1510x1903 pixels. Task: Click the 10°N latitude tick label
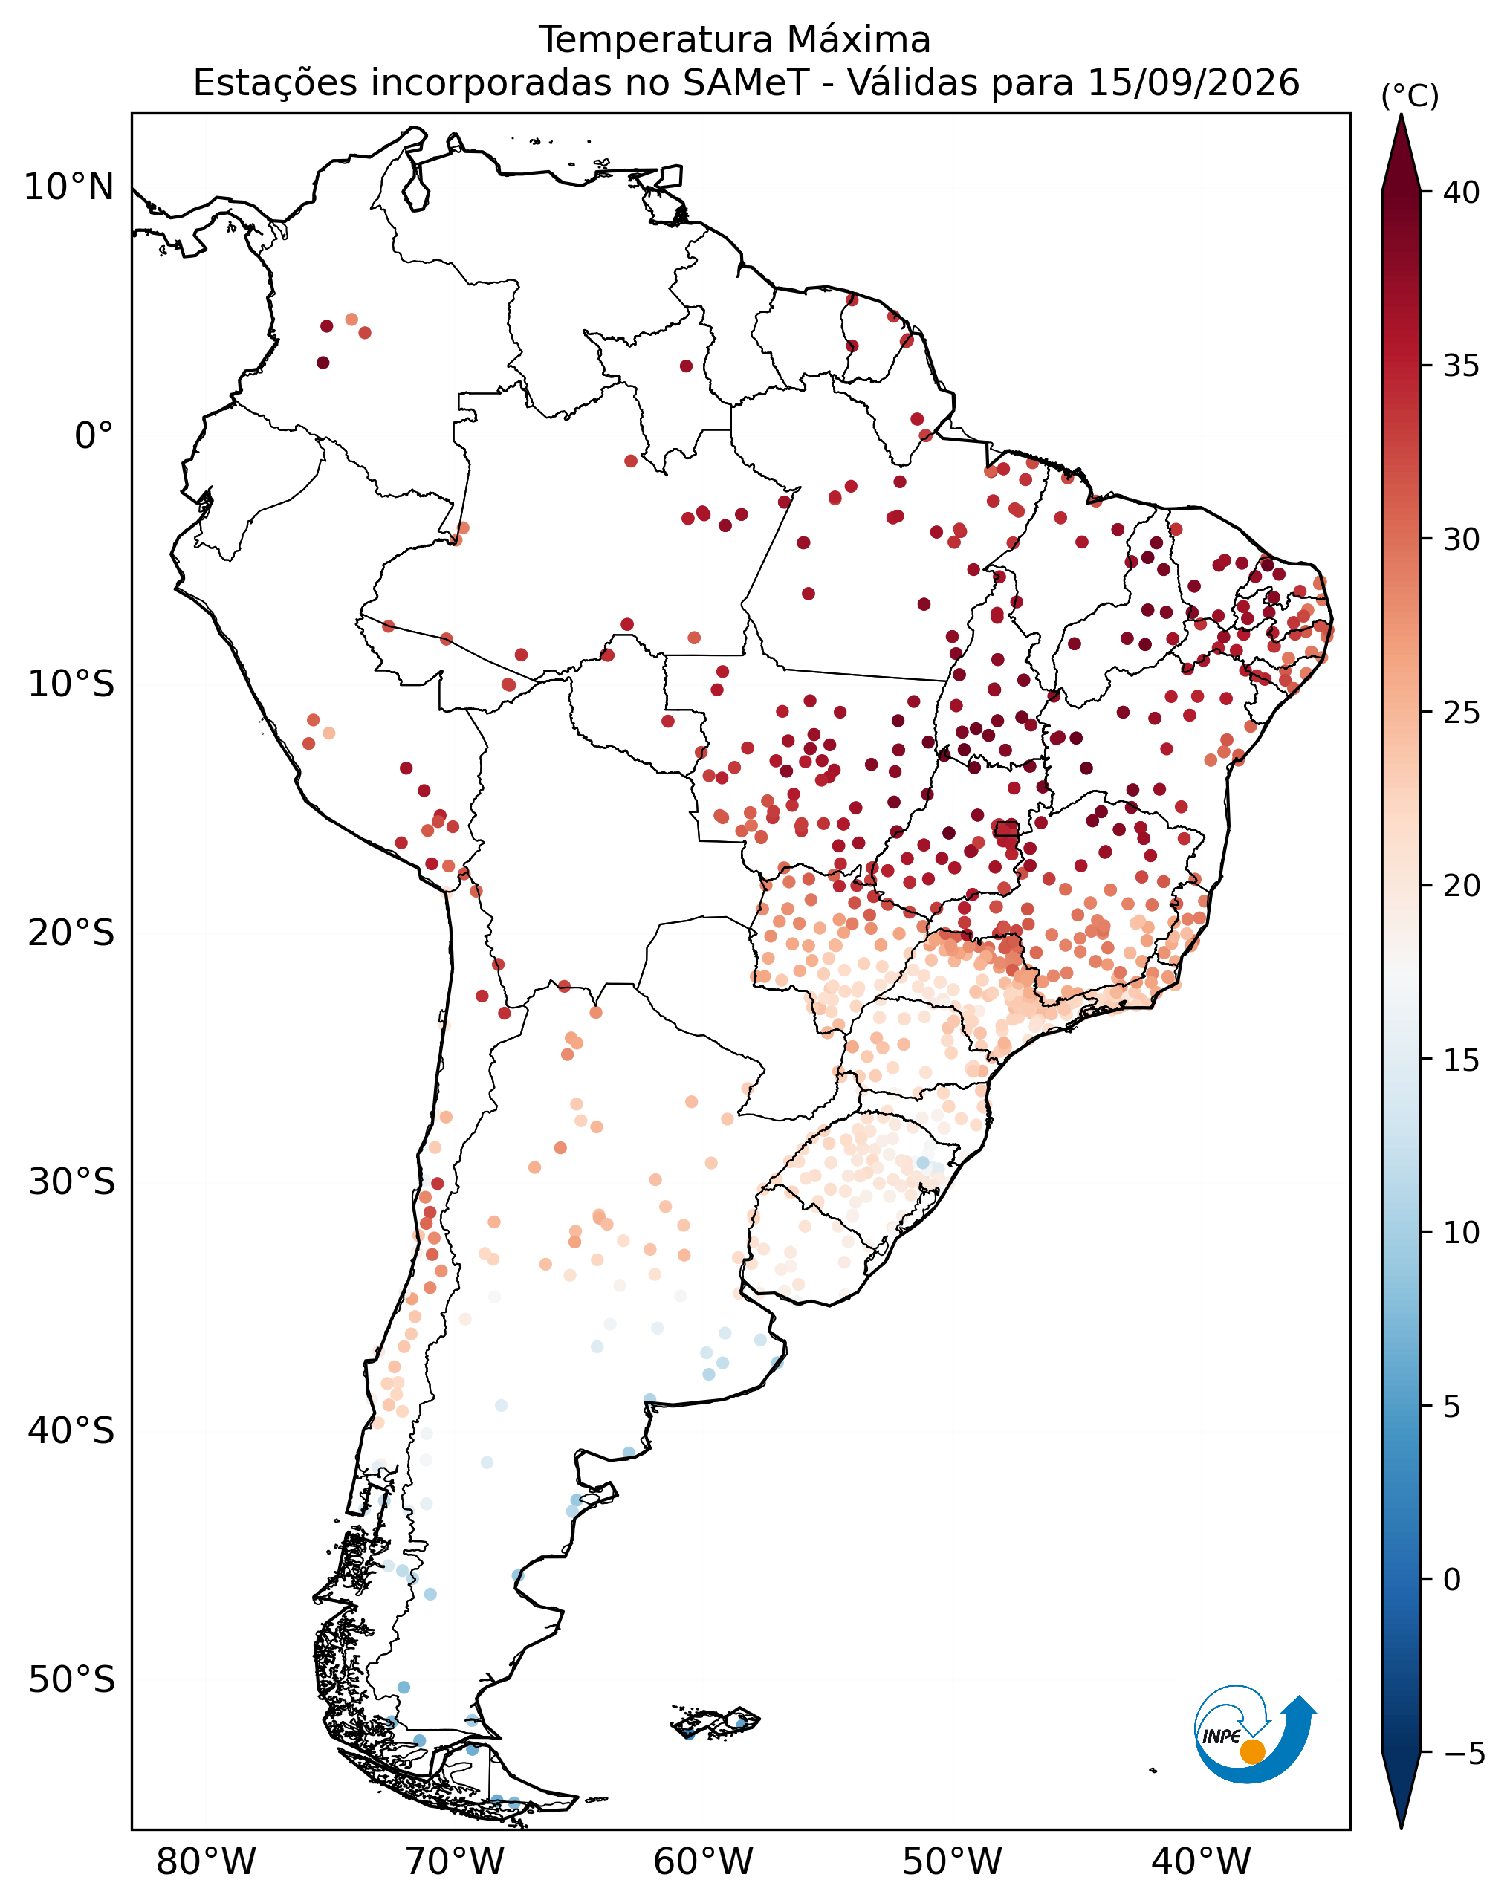[69, 187]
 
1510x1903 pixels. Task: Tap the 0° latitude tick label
[94, 436]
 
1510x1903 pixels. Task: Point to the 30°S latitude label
[71, 1182]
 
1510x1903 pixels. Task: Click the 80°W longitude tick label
[206, 1861]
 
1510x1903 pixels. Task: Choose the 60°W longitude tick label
[704, 1861]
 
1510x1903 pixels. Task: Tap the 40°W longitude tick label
[1201, 1861]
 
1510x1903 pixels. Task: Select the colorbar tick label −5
[1464, 1754]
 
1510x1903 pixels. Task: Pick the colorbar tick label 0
[1452, 1580]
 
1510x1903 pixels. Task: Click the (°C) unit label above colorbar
[1410, 96]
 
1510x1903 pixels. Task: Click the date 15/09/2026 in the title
[1193, 83]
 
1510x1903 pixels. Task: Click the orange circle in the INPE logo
[1252, 1752]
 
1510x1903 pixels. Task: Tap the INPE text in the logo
[1222, 1736]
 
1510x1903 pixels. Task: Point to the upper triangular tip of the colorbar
[1401, 114]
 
